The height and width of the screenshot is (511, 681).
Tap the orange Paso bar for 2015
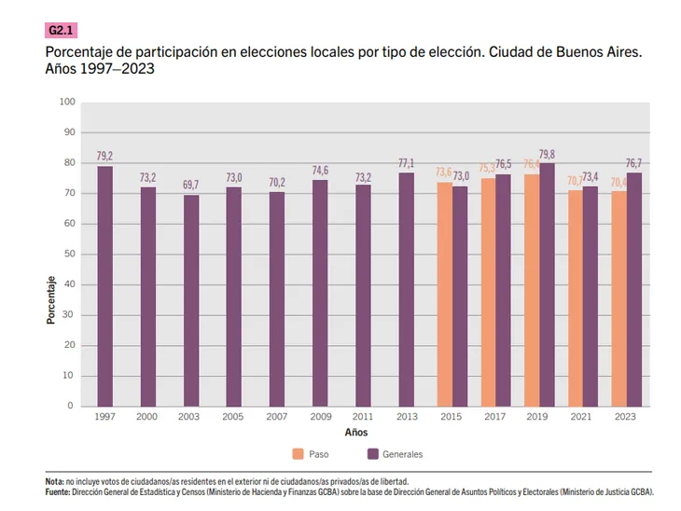pos(443,294)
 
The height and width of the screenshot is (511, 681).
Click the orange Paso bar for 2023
pos(618,298)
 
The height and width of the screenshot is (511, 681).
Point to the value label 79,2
pos(104,156)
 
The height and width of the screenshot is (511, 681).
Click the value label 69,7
pos(191,186)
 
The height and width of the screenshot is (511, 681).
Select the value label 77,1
pos(406,162)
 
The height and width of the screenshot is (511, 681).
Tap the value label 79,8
pos(549,154)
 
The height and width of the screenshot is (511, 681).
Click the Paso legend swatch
pos(298,454)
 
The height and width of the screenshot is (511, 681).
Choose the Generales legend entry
pos(396,454)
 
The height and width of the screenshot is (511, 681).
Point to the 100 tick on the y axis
pos(67,102)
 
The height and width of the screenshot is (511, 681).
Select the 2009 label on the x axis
pos(320,417)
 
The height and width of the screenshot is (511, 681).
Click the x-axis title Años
pos(356,433)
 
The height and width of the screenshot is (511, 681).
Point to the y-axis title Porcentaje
pos(51,299)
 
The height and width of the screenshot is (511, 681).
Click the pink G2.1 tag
pos(62,30)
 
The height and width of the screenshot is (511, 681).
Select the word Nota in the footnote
pos(55,481)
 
